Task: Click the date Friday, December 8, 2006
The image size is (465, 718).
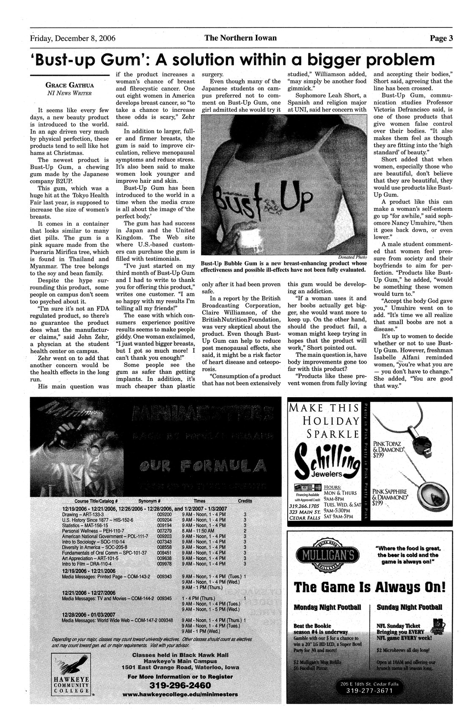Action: [x=72, y=39]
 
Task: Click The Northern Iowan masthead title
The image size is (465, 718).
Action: [x=240, y=38]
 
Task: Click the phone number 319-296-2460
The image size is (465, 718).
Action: [x=180, y=685]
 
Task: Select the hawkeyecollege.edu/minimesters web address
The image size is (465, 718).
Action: [x=180, y=695]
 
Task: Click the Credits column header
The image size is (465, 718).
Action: [x=245, y=500]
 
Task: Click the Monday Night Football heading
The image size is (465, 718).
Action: [x=327, y=607]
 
